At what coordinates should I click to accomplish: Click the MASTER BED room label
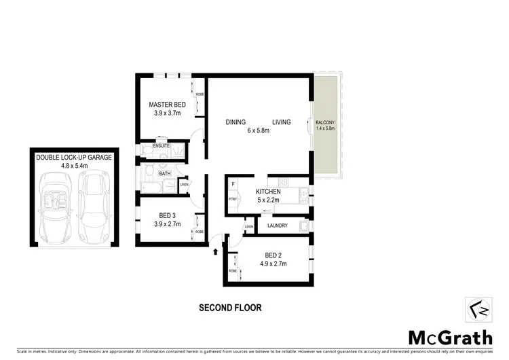click(x=167, y=105)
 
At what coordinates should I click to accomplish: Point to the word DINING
click(x=235, y=122)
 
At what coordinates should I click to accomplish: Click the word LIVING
click(x=281, y=122)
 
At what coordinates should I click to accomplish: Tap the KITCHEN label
click(x=268, y=192)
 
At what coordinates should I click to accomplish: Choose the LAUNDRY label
click(x=278, y=226)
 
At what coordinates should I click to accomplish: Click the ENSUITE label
click(x=162, y=146)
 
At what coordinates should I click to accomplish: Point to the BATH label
click(x=165, y=173)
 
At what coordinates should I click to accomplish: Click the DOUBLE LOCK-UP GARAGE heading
click(x=74, y=158)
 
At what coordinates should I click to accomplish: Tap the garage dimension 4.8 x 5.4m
click(x=74, y=166)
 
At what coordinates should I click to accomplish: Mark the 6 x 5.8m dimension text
click(x=259, y=131)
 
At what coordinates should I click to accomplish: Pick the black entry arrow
click(x=216, y=251)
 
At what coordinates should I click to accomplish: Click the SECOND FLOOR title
click(x=230, y=308)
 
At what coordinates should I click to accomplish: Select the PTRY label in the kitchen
click(x=232, y=199)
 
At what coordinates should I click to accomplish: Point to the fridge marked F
click(x=233, y=184)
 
